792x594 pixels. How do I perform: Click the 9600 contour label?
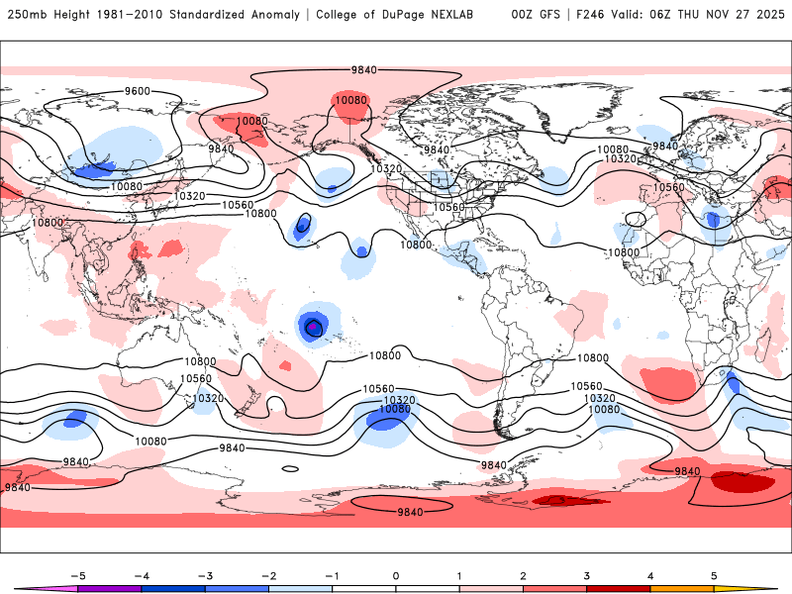(137, 91)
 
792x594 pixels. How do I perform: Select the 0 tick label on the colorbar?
(396, 575)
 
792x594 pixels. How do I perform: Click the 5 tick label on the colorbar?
(714, 575)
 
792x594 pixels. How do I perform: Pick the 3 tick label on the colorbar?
(587, 575)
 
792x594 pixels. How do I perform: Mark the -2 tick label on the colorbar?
(268, 575)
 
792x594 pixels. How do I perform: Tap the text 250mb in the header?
(23, 15)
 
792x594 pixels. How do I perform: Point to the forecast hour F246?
(591, 15)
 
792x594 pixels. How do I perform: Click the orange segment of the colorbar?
(682, 588)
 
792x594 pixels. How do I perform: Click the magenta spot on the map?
(314, 326)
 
